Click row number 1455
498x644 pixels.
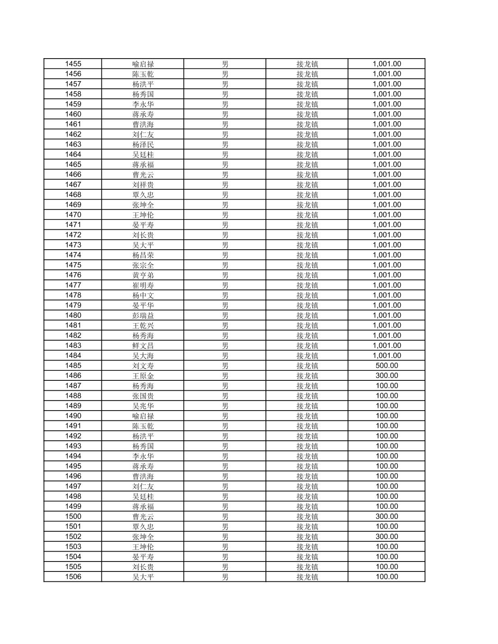73,64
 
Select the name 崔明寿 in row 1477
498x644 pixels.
143,285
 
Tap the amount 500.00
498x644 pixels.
387,365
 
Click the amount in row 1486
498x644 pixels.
387,375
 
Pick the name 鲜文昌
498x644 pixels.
143,346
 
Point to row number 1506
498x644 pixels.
73,577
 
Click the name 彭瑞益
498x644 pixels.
143,315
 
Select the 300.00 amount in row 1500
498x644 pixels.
387,516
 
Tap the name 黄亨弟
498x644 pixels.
143,275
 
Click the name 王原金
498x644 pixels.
143,376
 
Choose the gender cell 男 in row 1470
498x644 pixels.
225,215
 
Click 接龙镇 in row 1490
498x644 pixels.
307,416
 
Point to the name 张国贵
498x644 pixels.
143,396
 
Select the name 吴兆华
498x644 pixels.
143,406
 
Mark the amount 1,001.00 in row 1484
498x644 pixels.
387,356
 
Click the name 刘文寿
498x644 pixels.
143,365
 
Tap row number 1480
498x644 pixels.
73,315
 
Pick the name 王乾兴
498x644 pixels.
143,325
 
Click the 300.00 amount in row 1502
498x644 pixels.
387,536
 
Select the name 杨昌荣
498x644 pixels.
143,255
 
